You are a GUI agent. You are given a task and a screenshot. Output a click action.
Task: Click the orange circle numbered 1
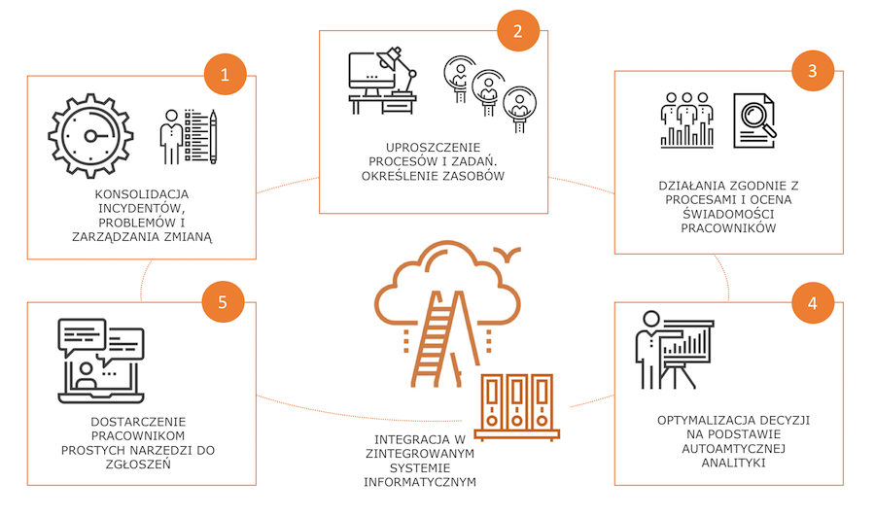tap(226, 74)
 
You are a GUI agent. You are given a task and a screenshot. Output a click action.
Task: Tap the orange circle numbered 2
tap(518, 30)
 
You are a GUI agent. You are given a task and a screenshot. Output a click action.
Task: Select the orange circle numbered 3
tap(814, 71)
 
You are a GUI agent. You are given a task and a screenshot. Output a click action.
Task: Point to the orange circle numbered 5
tap(224, 302)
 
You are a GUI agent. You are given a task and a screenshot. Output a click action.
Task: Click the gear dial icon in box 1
tap(88, 134)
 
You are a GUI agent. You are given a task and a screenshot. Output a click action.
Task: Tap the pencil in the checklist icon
tap(213, 136)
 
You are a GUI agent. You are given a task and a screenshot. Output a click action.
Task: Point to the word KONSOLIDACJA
tap(142, 193)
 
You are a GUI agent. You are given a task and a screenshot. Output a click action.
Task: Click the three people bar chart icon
tap(686, 120)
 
